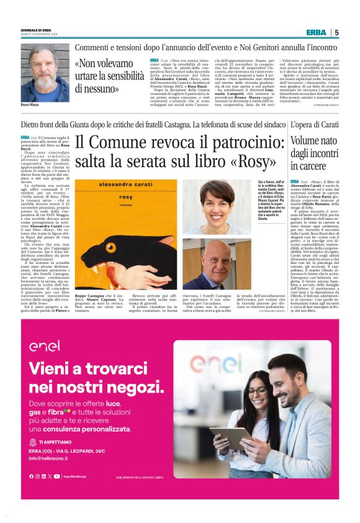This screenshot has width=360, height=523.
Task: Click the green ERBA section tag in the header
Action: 316,32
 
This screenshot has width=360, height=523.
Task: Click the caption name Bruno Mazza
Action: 31,106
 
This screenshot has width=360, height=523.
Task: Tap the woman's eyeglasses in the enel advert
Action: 257,392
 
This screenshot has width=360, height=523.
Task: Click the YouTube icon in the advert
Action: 57,476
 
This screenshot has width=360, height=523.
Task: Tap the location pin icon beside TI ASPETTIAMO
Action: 33,442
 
